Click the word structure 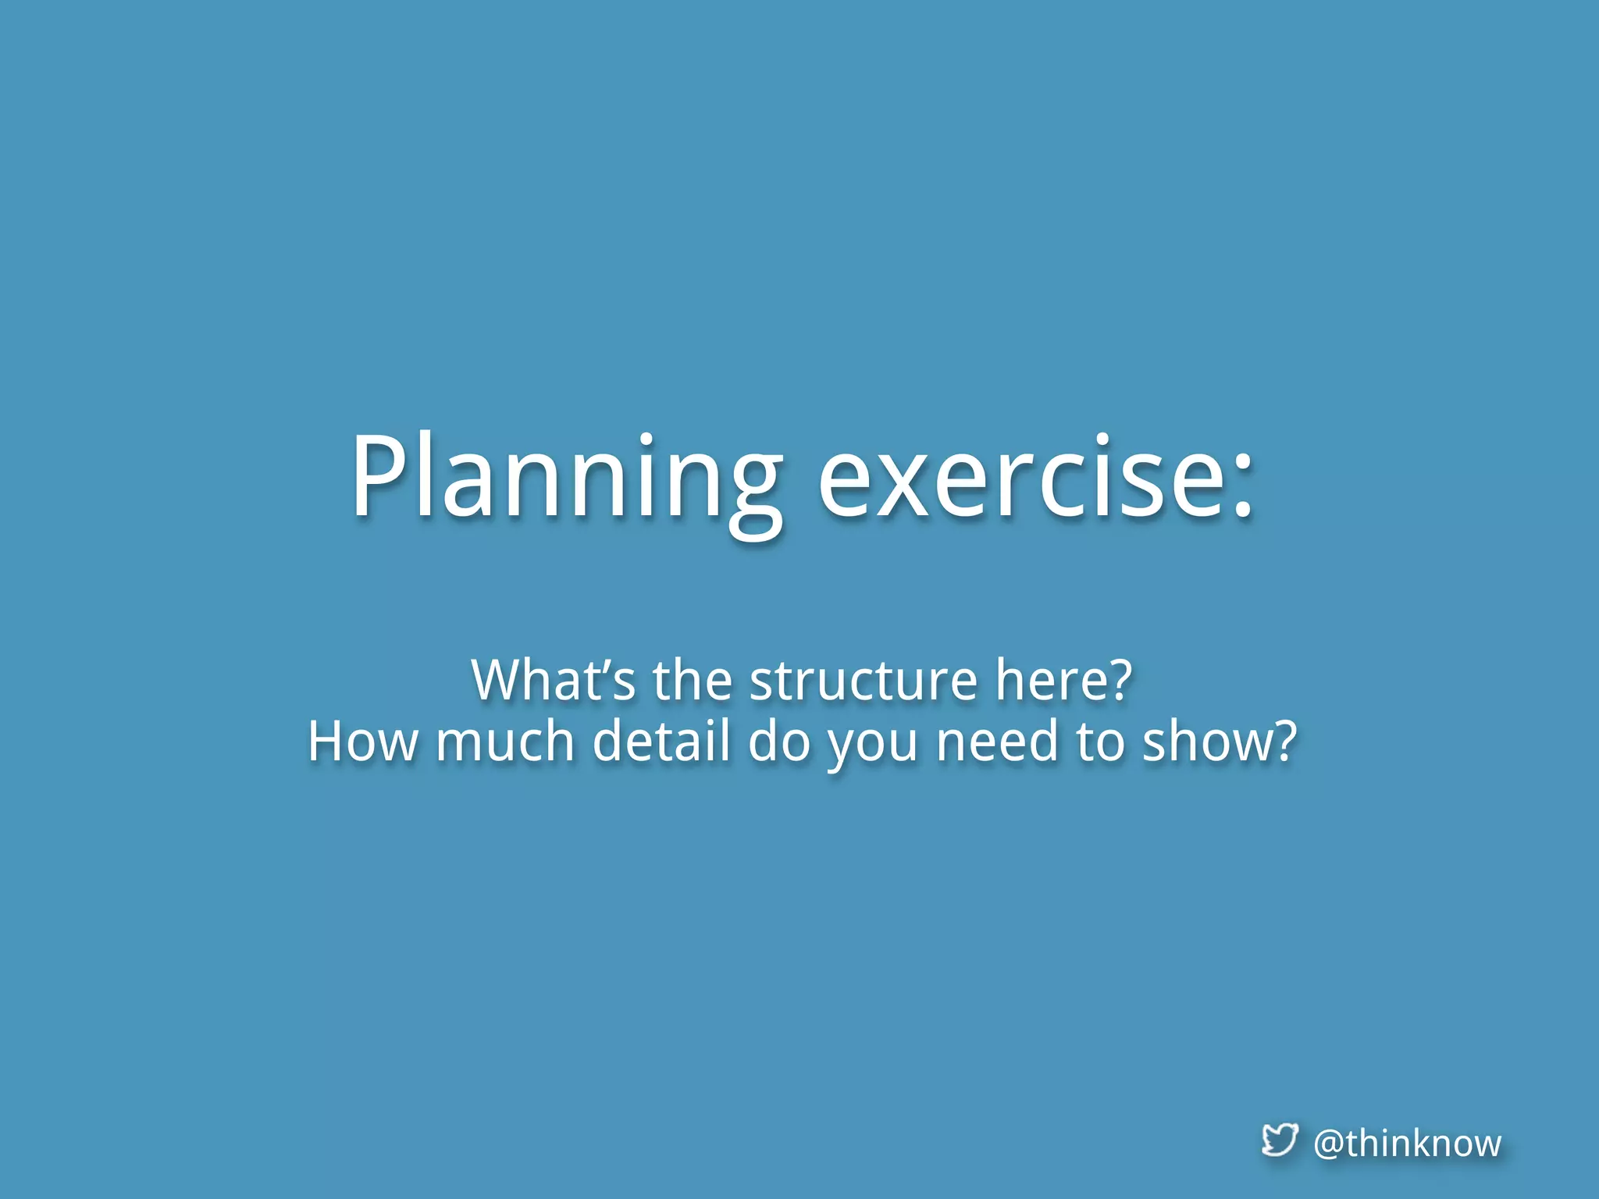coord(863,681)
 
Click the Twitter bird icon coord(1280,1140)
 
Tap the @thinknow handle coord(1407,1144)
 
